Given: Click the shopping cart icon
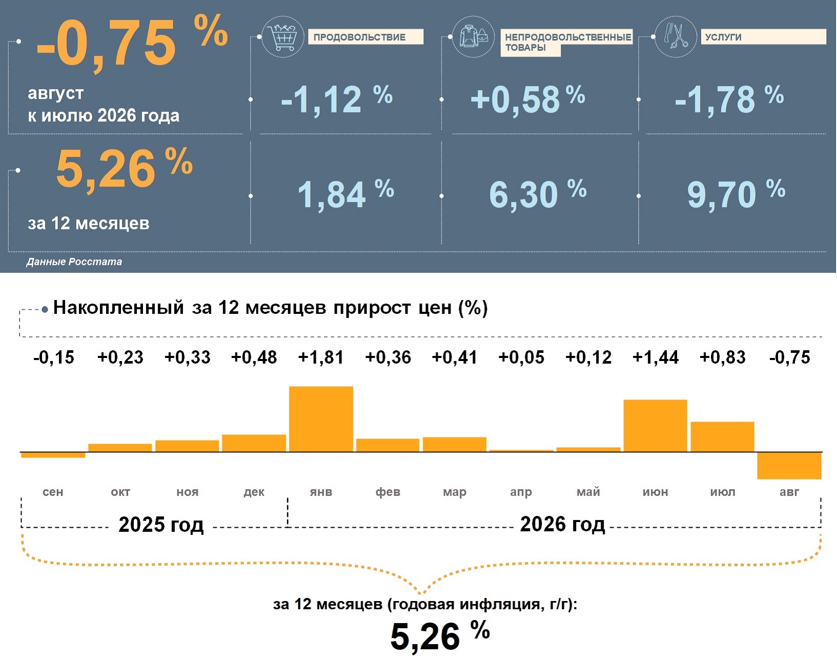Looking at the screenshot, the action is click(x=282, y=37).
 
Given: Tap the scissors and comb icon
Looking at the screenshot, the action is click(x=676, y=37).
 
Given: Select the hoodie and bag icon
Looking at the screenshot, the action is click(x=473, y=37).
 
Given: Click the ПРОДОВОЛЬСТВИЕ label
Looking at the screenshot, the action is click(x=359, y=37).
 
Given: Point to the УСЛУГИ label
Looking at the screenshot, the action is click(x=723, y=37).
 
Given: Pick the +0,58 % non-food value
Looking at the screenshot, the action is click(x=528, y=99).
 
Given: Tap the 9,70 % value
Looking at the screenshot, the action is click(x=736, y=194).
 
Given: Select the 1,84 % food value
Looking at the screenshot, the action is click(x=346, y=194).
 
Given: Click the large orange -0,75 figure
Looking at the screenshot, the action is click(x=106, y=43).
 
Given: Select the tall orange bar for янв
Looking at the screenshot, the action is click(x=321, y=419).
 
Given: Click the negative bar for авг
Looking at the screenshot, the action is click(x=789, y=466).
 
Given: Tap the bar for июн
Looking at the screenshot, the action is click(x=656, y=426).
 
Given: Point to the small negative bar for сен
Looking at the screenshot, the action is click(x=53, y=455).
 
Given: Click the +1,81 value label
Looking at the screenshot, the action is click(x=321, y=357).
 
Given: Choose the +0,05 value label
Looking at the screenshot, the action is click(x=521, y=357).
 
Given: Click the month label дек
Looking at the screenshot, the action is click(x=254, y=492).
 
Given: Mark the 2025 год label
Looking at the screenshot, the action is click(x=161, y=524).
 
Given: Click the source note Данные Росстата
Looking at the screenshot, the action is click(x=74, y=262).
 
